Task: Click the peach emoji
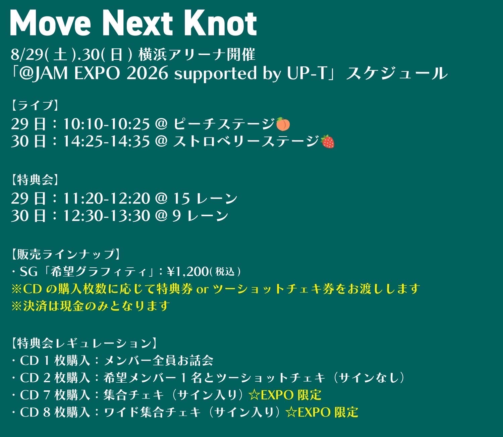[283, 124]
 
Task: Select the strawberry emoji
[328, 142]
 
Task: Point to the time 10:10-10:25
[106, 124]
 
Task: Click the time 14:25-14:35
[106, 142]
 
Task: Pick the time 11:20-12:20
[106, 198]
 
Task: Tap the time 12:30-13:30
[106, 216]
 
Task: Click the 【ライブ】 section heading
[35, 105]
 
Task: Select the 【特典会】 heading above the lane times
[35, 180]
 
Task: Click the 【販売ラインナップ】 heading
[65, 254]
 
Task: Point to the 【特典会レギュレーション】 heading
[83, 343]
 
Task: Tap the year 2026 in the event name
[147, 73]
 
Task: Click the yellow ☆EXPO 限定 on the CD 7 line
[285, 395]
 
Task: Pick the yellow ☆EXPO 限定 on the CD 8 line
[322, 412]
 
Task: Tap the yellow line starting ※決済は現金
[91, 306]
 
